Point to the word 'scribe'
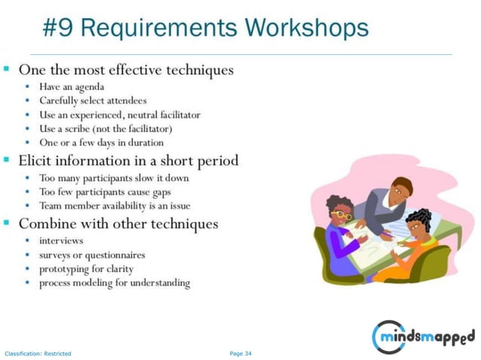coord(87,128)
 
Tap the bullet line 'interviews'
coord(62,241)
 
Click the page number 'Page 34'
coord(240,352)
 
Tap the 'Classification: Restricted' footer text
coord(38,353)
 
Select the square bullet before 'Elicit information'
coord(7,160)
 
